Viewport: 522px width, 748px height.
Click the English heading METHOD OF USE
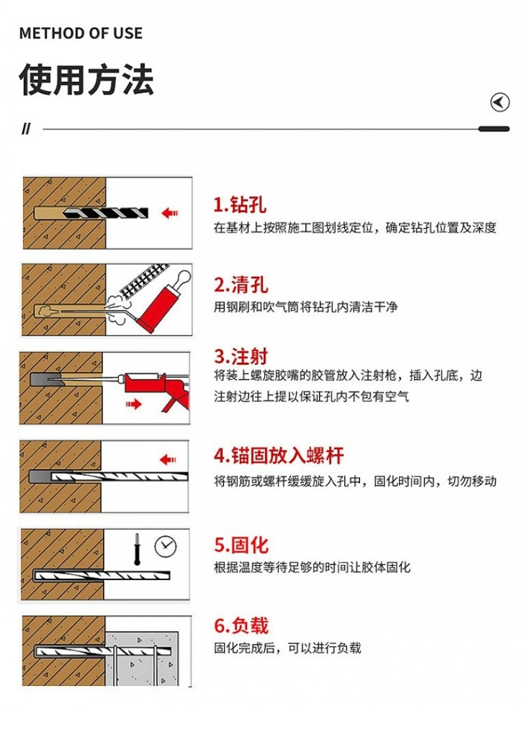(81, 33)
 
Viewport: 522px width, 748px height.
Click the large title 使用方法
(87, 79)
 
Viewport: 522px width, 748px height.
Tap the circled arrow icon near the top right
(500, 102)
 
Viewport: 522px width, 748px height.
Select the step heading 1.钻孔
(240, 205)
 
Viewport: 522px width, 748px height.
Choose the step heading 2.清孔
(241, 285)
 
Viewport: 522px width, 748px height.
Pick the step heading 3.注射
(241, 356)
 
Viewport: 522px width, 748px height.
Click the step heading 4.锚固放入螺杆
(279, 455)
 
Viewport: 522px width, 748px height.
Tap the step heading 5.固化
(241, 544)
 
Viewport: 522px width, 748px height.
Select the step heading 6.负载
(241, 625)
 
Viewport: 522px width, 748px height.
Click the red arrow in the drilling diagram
(169, 213)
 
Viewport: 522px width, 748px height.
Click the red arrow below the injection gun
(134, 404)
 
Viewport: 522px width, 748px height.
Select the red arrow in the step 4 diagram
(168, 460)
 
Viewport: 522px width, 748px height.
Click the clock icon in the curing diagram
(166, 546)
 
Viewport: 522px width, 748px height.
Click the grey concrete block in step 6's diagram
(141, 659)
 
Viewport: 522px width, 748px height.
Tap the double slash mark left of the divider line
(26, 129)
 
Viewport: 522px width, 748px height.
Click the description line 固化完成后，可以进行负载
(287, 648)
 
